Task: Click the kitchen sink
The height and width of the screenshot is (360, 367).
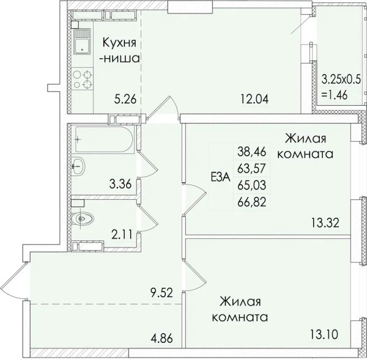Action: point(82,42)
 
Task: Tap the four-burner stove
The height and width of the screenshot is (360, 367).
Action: point(82,79)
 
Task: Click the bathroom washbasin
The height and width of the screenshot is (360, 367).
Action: point(78,166)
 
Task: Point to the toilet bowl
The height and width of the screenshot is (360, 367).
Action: point(83,219)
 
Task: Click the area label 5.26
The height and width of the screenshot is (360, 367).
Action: point(125,100)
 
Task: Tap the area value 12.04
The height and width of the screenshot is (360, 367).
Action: point(254,99)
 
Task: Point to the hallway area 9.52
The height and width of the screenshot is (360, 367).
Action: point(161,292)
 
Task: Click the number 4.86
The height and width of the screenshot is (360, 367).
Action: point(161,338)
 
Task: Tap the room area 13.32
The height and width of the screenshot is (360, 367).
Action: point(325,222)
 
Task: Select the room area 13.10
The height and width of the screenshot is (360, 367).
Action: point(324,334)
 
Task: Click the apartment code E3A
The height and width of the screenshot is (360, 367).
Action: point(221,177)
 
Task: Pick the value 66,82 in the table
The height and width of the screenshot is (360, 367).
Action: point(252,202)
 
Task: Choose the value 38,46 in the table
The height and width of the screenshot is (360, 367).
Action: point(252,152)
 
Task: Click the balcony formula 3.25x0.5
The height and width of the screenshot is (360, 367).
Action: point(341,79)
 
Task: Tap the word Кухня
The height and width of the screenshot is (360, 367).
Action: point(120,43)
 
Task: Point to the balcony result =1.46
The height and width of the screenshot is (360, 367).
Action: point(335,95)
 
